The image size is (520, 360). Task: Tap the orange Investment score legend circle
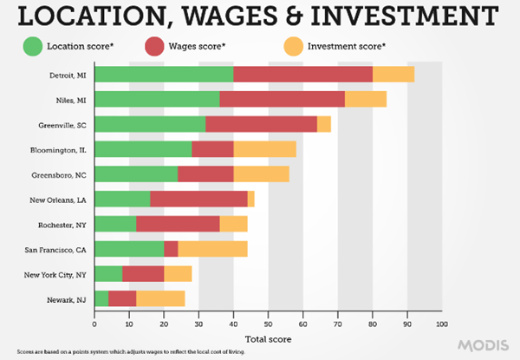[x=295, y=45]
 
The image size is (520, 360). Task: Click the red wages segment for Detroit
[x=302, y=75]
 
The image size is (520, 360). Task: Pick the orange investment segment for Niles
[x=365, y=99]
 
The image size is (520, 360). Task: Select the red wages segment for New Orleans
[x=198, y=200]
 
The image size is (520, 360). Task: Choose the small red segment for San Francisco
[x=171, y=250]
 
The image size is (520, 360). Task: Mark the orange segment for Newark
[x=160, y=299]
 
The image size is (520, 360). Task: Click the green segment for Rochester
[x=115, y=225]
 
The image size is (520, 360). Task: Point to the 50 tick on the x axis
[x=268, y=324]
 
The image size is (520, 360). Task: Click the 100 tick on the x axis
[x=441, y=324]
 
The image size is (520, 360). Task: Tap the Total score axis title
[x=267, y=338]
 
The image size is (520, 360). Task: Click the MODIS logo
[x=486, y=344]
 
